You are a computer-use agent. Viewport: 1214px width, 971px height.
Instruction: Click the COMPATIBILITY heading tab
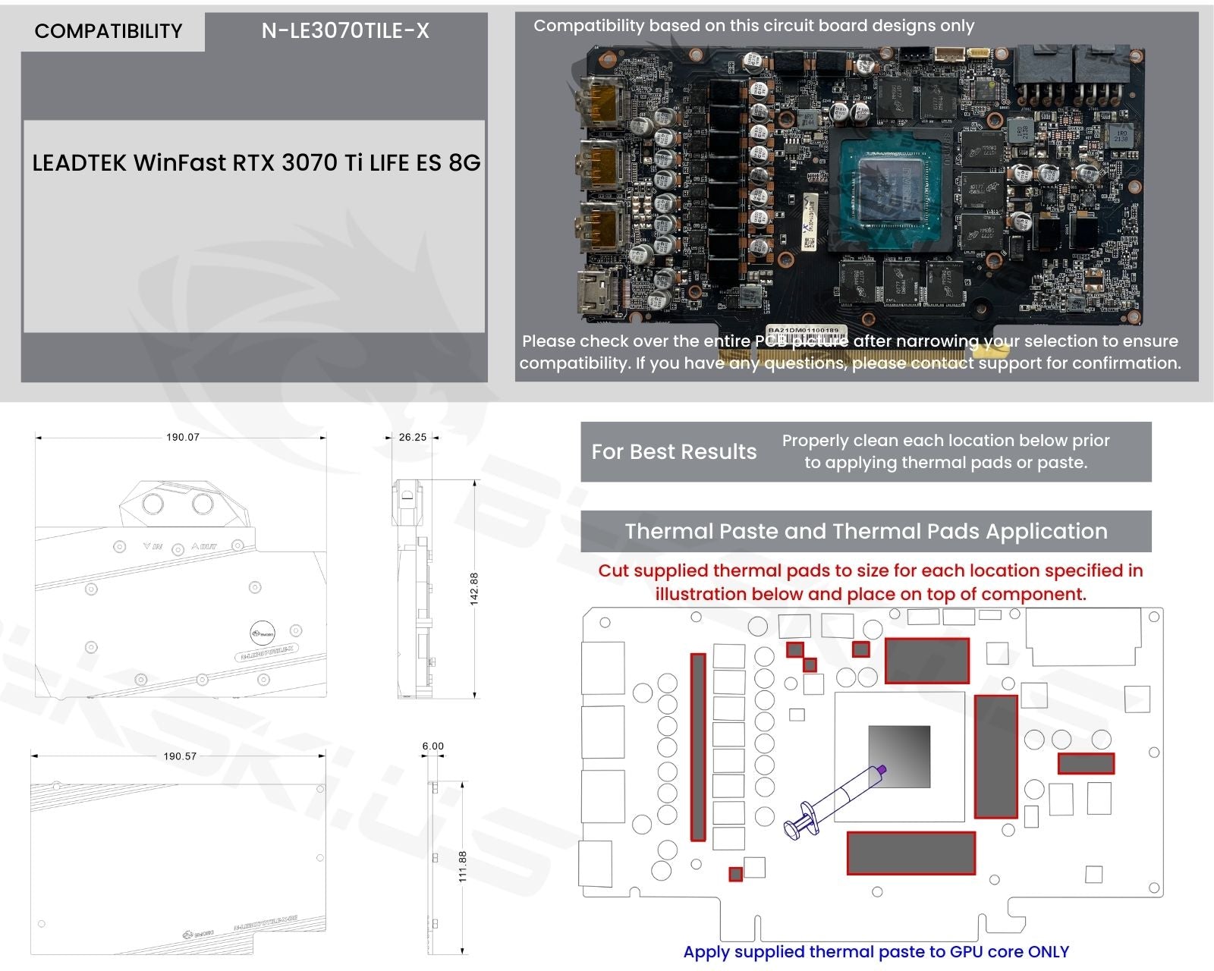(x=109, y=31)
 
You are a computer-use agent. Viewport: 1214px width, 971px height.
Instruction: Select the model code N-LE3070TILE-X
(x=345, y=31)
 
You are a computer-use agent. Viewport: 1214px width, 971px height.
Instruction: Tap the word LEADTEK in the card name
(x=80, y=163)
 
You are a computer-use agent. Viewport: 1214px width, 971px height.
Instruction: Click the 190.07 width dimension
(x=182, y=437)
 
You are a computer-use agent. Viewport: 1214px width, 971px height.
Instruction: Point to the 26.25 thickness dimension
(x=412, y=437)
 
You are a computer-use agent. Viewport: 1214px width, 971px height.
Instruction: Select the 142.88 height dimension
(x=474, y=589)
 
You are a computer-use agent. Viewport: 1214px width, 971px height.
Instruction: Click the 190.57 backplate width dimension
(x=180, y=756)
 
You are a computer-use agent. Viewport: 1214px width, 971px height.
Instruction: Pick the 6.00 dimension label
(x=432, y=746)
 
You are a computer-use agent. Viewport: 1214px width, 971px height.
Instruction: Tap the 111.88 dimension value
(x=463, y=866)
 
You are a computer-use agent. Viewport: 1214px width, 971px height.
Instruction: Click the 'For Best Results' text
(x=674, y=452)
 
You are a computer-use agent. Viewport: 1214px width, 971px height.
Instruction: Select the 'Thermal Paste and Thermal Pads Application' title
(x=866, y=531)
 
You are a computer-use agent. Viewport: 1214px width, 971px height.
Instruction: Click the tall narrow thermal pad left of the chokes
(x=698, y=747)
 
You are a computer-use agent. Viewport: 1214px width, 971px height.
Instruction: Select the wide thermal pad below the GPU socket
(x=910, y=853)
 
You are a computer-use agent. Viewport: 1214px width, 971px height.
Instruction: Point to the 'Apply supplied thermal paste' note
(x=876, y=952)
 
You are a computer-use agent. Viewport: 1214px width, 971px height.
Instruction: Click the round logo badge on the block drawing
(x=263, y=632)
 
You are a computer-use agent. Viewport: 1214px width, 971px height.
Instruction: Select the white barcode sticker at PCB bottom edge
(x=804, y=331)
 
